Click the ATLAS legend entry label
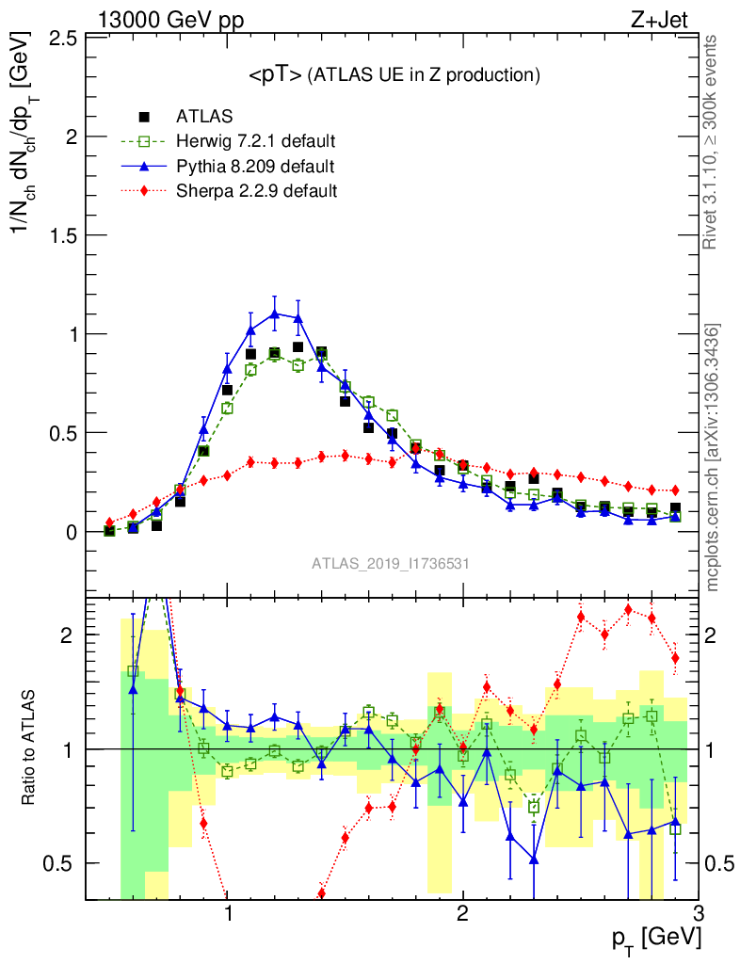(x=204, y=117)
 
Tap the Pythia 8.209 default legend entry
(x=255, y=167)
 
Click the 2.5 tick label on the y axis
(x=63, y=38)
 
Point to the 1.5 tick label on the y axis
(x=63, y=235)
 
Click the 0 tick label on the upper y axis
(x=72, y=532)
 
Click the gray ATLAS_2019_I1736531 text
(x=391, y=563)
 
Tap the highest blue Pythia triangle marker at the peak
(x=274, y=313)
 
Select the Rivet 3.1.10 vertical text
(x=713, y=143)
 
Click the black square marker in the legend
(x=144, y=117)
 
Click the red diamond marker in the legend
(x=144, y=191)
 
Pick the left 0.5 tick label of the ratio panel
(x=63, y=863)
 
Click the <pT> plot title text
(x=394, y=75)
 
